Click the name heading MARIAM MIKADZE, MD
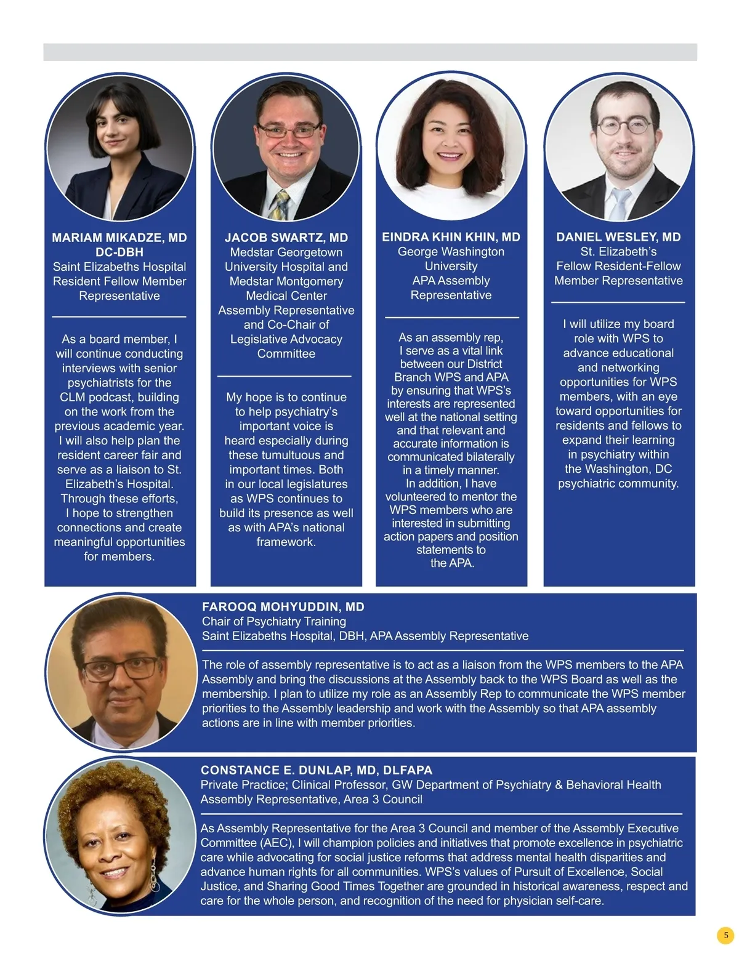pyautogui.click(x=119, y=238)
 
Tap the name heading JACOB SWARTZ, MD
pyautogui.click(x=286, y=238)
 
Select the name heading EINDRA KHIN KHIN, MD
pyautogui.click(x=451, y=237)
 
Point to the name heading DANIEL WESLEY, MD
pyautogui.click(x=618, y=237)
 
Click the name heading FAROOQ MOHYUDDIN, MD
pyautogui.click(x=283, y=607)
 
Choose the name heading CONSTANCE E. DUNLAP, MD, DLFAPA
pyautogui.click(x=317, y=770)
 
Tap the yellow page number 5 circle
pyautogui.click(x=725, y=935)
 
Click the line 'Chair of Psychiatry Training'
pyautogui.click(x=274, y=621)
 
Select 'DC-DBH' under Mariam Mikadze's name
pyautogui.click(x=119, y=252)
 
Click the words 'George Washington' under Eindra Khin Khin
pyautogui.click(x=451, y=251)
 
